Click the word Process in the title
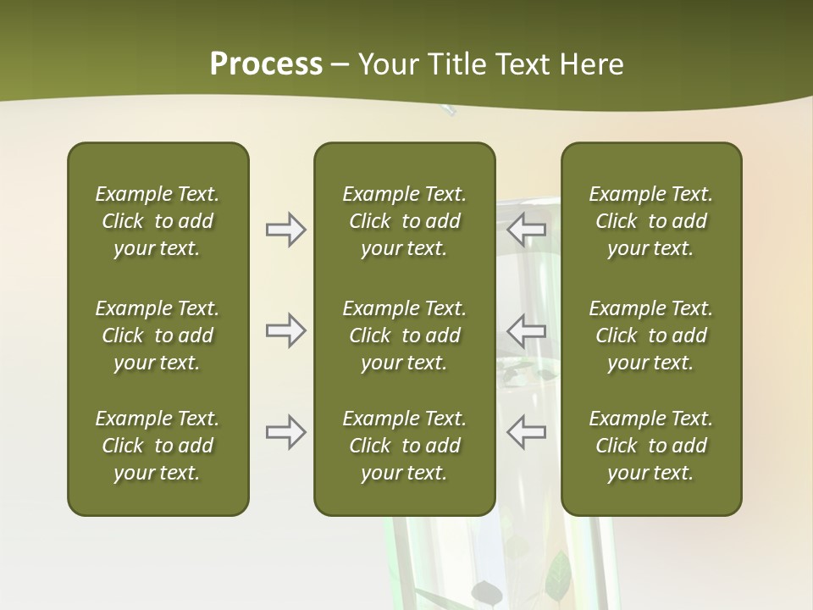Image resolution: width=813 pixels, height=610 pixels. pos(266,64)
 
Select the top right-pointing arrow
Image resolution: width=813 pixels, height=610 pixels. pos(285,230)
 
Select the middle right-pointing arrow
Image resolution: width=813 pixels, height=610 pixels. pos(285,330)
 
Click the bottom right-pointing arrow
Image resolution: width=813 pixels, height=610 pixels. pos(285,432)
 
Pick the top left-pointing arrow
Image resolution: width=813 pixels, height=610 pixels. pos(527,230)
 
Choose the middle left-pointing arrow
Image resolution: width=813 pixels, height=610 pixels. pos(527,330)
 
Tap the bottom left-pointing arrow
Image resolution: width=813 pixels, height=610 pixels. pos(527,432)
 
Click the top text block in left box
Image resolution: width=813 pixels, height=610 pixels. pos(158,221)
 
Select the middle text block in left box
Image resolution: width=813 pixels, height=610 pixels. pos(158,335)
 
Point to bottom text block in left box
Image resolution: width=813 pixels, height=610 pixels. pos(158,446)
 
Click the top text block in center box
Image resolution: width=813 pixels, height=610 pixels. pos(404,221)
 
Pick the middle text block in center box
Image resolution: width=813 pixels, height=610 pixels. pos(404,335)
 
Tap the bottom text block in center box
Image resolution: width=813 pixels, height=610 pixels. pos(404,446)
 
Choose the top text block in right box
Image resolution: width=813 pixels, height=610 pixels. pos(650,221)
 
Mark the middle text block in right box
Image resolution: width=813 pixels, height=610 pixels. pos(650,335)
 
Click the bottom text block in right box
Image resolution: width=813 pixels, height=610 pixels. pos(650,446)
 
